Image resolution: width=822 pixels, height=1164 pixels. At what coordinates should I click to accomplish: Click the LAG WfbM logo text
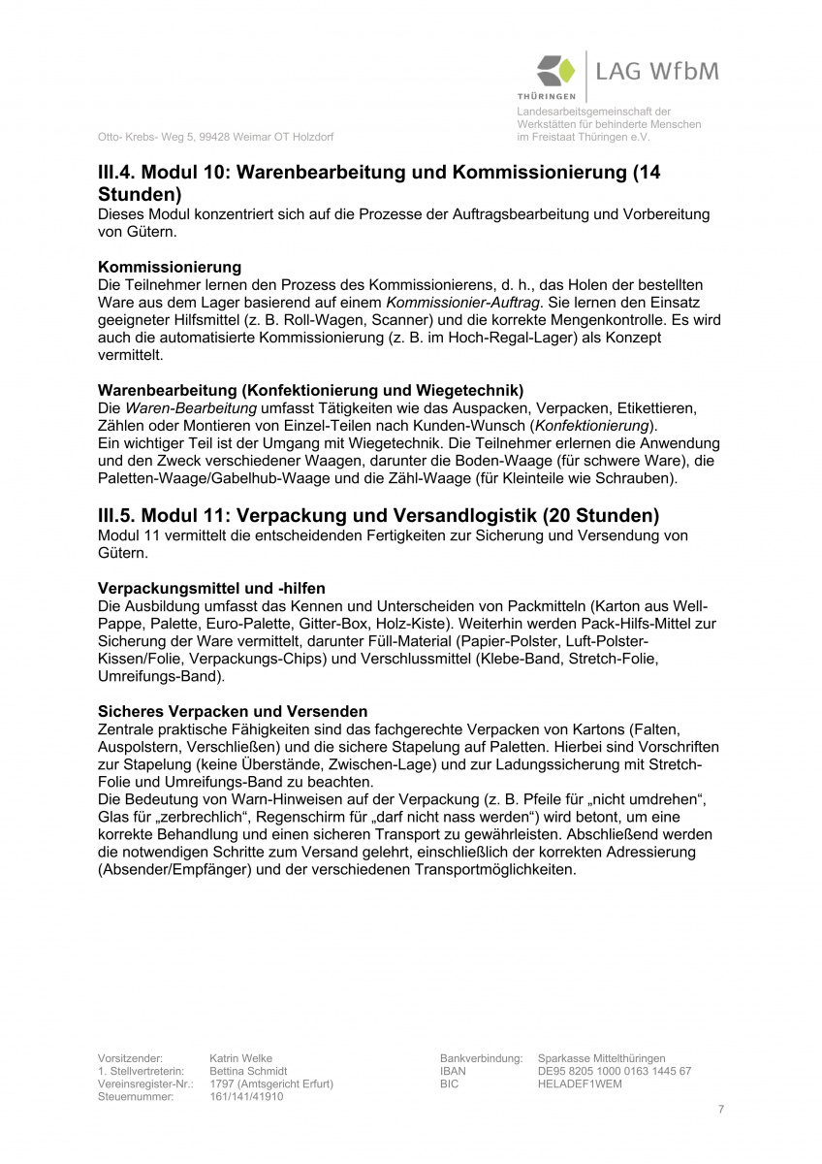click(657, 72)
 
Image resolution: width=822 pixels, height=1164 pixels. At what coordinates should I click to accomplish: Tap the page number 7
click(721, 1109)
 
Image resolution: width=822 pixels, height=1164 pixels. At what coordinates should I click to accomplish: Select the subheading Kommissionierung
click(170, 266)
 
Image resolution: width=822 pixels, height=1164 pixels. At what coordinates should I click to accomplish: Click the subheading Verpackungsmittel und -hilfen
click(211, 588)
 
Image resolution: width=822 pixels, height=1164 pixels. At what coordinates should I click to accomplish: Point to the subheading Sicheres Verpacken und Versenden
click(233, 711)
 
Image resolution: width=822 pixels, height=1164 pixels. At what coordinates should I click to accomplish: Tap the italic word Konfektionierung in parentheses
click(593, 426)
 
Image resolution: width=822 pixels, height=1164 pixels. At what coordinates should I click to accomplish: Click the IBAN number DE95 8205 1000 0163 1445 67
click(614, 1071)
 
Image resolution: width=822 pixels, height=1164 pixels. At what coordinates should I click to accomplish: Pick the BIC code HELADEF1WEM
click(580, 1083)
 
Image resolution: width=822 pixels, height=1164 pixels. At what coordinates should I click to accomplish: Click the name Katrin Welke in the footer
click(240, 1058)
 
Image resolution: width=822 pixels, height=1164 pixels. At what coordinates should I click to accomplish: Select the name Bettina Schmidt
click(248, 1071)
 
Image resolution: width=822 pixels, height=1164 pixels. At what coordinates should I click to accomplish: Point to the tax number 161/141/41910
click(246, 1096)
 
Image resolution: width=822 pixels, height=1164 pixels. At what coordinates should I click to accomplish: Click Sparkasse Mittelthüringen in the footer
click(601, 1058)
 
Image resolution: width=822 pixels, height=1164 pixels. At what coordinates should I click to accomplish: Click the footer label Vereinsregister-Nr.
click(145, 1083)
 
